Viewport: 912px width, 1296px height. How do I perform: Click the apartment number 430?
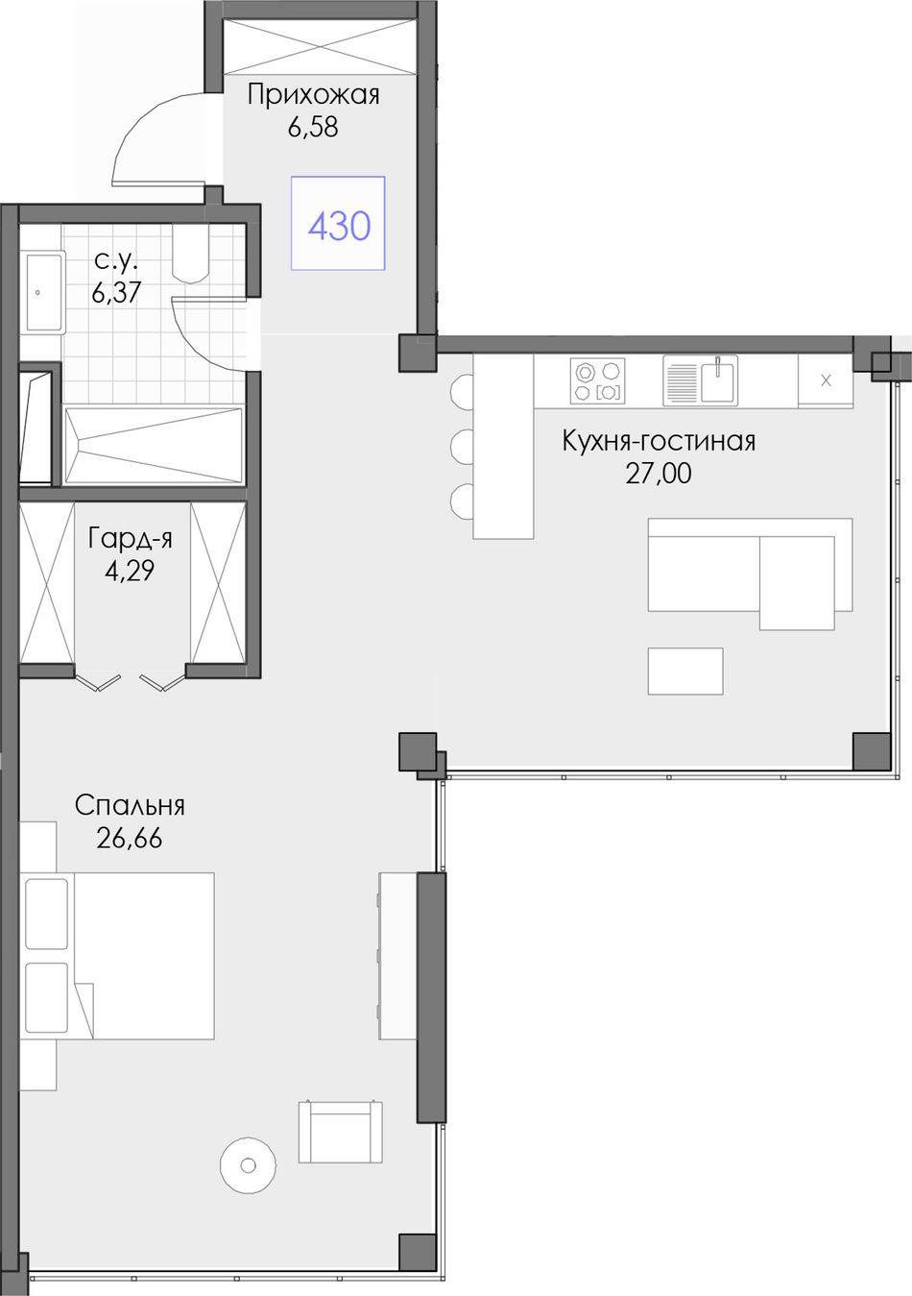(339, 226)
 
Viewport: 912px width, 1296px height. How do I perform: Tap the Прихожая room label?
(314, 94)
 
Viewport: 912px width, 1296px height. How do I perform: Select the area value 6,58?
(313, 127)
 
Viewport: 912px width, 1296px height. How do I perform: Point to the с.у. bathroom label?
(115, 261)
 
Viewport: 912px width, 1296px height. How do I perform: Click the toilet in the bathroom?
(191, 254)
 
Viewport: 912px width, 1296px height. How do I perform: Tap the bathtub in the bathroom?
(154, 446)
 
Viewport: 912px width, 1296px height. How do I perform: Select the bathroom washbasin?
(41, 292)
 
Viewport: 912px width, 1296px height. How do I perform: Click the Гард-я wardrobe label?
(131, 540)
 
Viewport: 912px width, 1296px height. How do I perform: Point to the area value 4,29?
(130, 572)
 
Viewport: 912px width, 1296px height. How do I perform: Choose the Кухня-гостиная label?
(659, 442)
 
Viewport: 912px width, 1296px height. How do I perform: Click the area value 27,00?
(659, 474)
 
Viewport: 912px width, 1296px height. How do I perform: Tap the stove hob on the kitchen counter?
(598, 380)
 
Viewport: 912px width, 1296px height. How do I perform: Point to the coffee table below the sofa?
(685, 672)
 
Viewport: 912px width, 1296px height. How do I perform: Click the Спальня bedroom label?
(130, 805)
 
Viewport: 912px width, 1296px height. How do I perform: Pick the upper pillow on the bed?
(46, 914)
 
